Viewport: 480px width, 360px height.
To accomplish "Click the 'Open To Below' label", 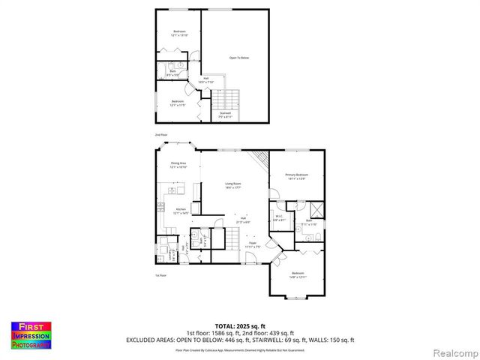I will tap(238, 57).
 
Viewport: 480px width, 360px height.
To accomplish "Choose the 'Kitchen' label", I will tap(181, 211).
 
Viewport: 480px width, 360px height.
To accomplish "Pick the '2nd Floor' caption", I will tap(161, 135).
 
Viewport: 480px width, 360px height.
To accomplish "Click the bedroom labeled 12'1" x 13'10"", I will tap(179, 33).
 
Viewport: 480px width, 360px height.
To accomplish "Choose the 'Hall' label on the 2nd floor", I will tap(206, 79).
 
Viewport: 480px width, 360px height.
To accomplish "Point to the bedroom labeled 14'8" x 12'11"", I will tap(298, 274).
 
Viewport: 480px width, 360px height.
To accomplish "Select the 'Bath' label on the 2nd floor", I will tap(172, 73).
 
